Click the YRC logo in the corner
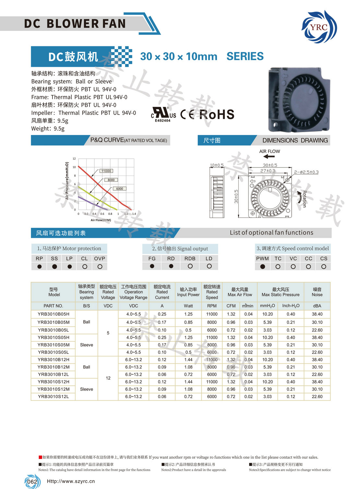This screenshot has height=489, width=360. pos(319,27)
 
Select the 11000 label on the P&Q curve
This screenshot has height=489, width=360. pos(106,171)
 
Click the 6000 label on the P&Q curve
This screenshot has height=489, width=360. pos(120,189)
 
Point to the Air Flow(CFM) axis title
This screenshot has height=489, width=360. pos(101,220)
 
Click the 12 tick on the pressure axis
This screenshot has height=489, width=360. pos(74,159)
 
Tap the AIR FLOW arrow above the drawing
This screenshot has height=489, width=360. pos(269,156)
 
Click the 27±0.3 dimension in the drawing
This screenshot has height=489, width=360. pos(268,171)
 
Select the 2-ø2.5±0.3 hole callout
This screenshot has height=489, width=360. pos(306,172)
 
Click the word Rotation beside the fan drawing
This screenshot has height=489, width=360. pos(304,199)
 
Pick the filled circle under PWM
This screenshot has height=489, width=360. pos(263,266)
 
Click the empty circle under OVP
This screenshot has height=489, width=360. pos(100,266)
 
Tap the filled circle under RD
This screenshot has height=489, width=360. pos(171,266)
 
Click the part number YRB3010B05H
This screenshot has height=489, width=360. pos(54,314)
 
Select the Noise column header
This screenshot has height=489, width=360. pos(317,292)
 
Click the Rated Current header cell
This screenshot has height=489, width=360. pos(162,292)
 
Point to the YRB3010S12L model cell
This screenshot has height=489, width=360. pos(54,397)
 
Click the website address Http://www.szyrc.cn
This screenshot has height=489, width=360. pos(71,481)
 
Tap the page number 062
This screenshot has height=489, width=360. pos(32,482)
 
